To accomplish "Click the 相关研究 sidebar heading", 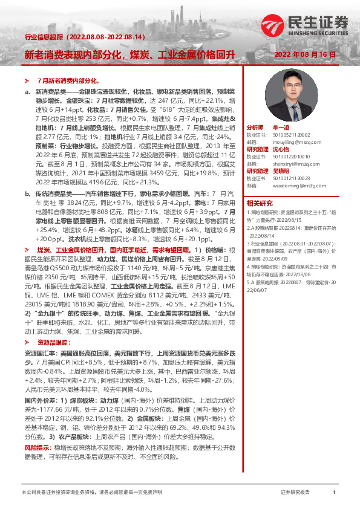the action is click(x=259, y=203).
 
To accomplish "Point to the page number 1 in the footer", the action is click(x=335, y=493).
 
